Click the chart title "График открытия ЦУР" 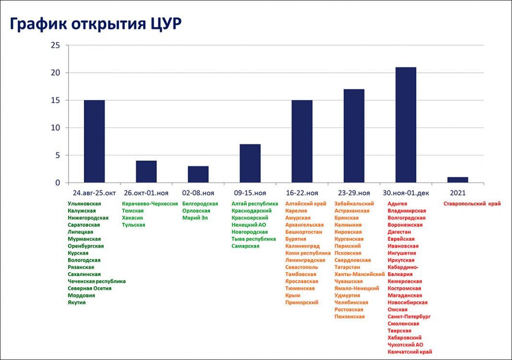tap(96, 24)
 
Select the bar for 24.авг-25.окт tap(94, 141)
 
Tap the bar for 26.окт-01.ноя tap(146, 172)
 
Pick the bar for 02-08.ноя tap(198, 174)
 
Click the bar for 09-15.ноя tap(250, 163)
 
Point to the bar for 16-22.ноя tap(302, 141)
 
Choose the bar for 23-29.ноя tap(354, 136)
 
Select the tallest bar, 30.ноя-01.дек tap(406, 125)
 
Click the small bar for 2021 tap(457, 180)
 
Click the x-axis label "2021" tap(457, 193)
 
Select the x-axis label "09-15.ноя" tap(250, 193)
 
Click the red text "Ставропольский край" tap(472, 204)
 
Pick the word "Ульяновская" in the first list tap(84, 204)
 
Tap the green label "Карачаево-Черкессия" tap(150, 204)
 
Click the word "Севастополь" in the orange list tap(302, 267)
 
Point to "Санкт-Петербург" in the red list tap(409, 317)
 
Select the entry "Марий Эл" tap(195, 218)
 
